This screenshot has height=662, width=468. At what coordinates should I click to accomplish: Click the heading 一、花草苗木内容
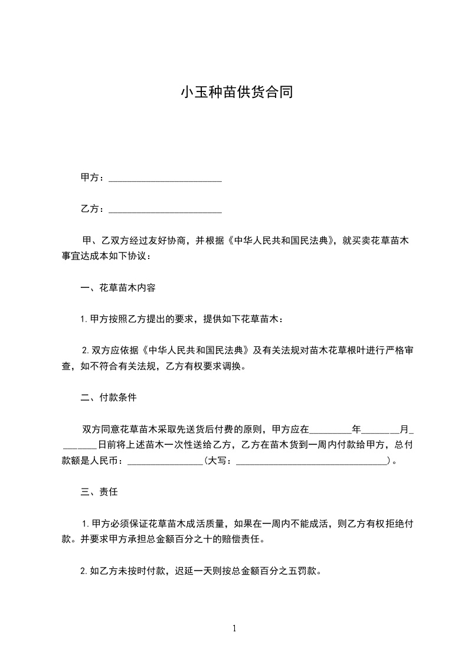pyautogui.click(x=118, y=288)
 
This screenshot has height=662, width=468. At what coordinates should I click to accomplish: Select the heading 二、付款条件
pyautogui.click(x=109, y=398)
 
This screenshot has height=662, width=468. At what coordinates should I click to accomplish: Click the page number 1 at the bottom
pyautogui.click(x=234, y=628)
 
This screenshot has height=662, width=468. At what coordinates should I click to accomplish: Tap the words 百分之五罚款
pyautogui.click(x=290, y=571)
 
